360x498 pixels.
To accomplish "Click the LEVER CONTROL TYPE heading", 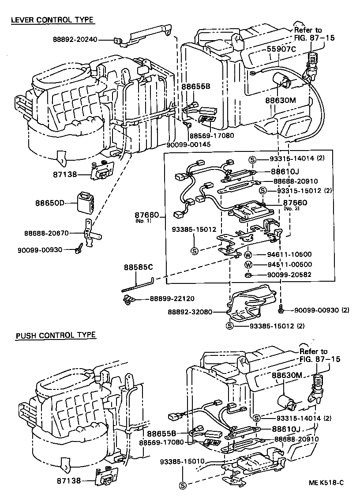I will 52,20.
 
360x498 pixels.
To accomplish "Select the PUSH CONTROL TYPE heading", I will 56,335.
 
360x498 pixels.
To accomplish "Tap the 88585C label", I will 138,267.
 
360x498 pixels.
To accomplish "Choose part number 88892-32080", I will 190,312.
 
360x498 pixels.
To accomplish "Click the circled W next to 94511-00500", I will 248,264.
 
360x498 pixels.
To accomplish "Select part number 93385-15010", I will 182,461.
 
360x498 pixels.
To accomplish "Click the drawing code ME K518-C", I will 326,483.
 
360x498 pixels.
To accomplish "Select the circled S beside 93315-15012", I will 262,190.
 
